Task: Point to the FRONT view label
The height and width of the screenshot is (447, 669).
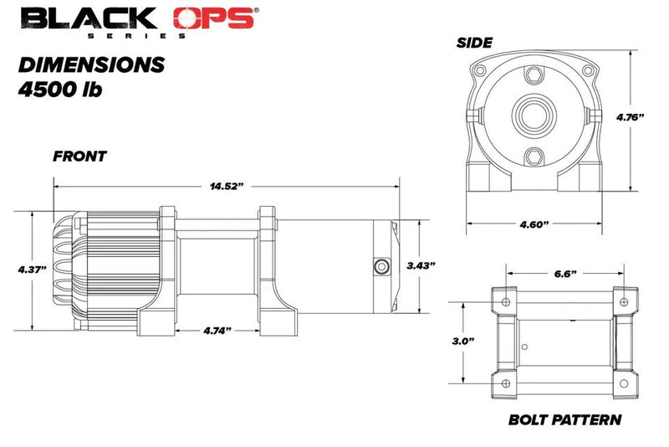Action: (x=80, y=157)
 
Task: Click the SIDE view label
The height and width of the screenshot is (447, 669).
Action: (x=474, y=43)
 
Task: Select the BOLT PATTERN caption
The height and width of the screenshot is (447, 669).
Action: (x=564, y=419)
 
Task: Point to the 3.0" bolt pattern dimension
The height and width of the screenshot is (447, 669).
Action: (x=462, y=342)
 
